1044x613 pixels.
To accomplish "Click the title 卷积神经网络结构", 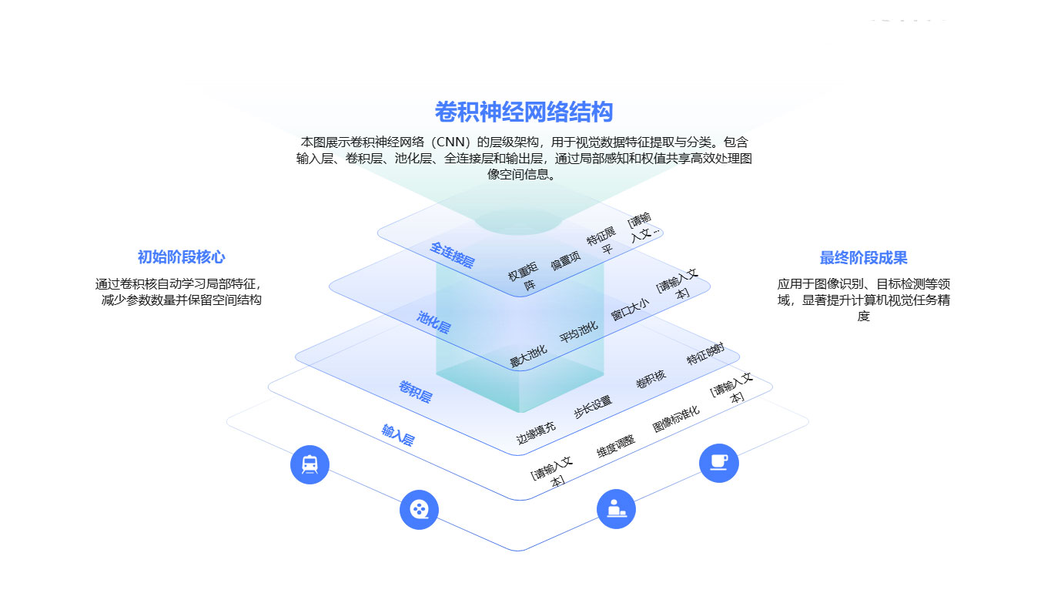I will click(x=524, y=112).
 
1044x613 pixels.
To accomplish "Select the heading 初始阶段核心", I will click(x=181, y=257).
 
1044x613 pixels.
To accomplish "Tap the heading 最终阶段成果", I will click(x=863, y=257).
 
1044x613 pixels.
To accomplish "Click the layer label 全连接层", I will click(x=452, y=254).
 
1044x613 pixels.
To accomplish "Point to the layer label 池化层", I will click(x=433, y=321).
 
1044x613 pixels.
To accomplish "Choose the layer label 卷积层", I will click(x=415, y=391).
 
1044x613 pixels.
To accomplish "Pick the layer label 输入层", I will click(x=398, y=435).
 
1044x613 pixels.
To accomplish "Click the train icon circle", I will click(x=310, y=464).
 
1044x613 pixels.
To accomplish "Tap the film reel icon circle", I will click(x=419, y=509).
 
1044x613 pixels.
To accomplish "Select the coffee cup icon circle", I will click(x=718, y=463).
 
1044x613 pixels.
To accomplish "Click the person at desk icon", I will click(x=616, y=509).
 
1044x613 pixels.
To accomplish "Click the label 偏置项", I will click(x=564, y=262).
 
